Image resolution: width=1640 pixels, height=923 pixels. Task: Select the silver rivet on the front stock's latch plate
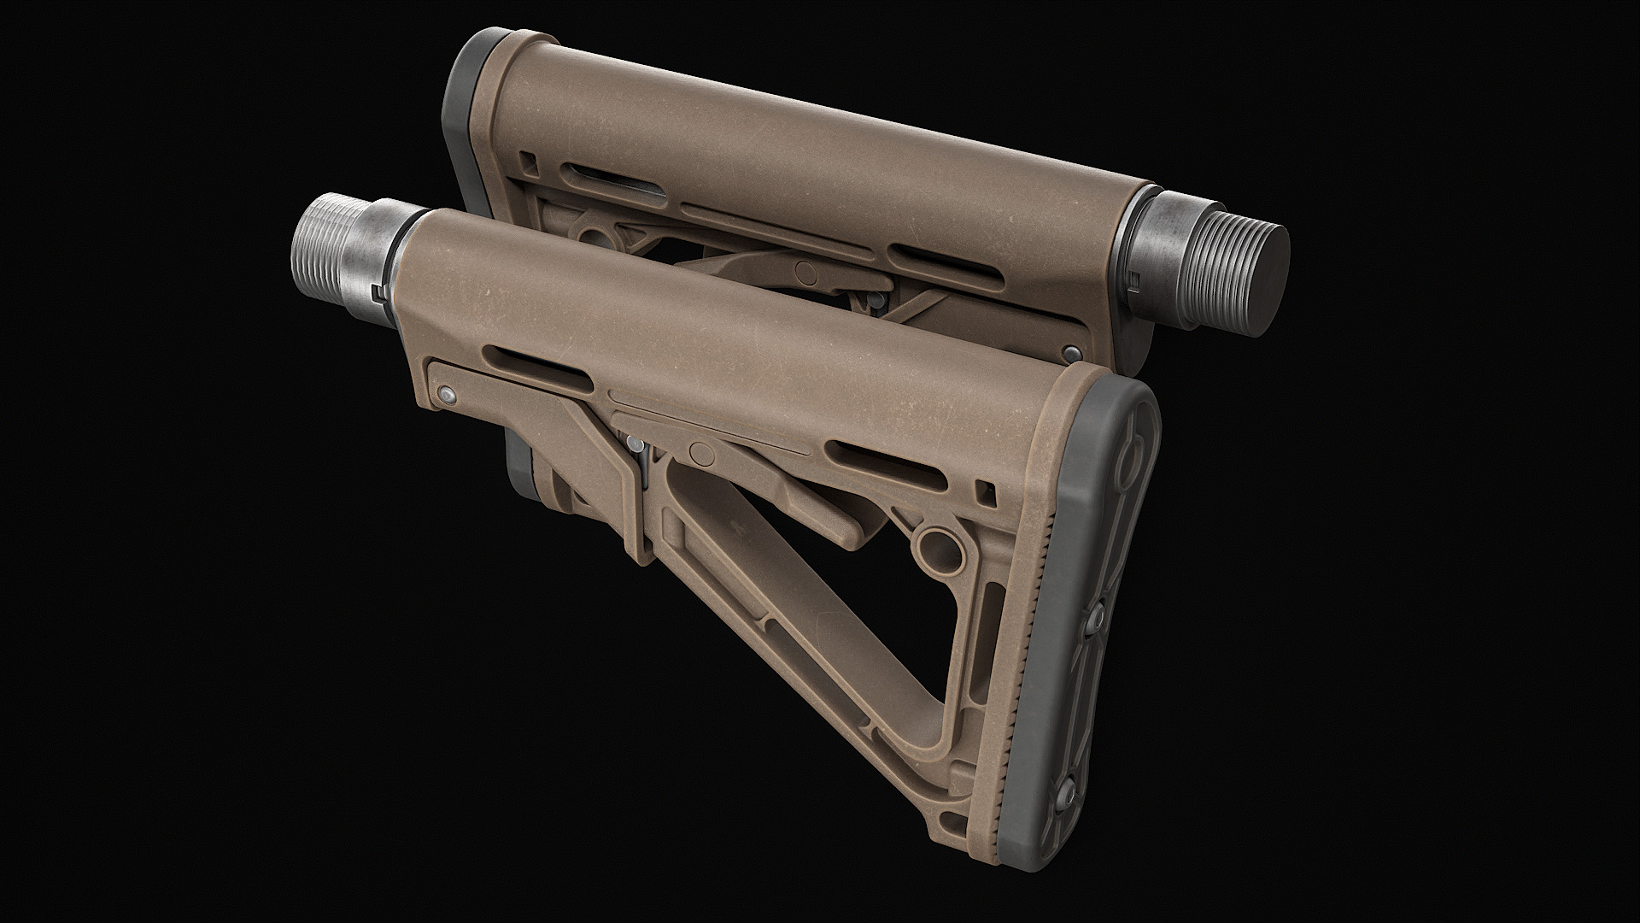[446, 393]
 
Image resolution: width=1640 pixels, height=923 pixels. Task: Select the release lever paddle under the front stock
[820, 513]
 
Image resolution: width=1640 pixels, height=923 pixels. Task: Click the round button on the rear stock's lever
[804, 272]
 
